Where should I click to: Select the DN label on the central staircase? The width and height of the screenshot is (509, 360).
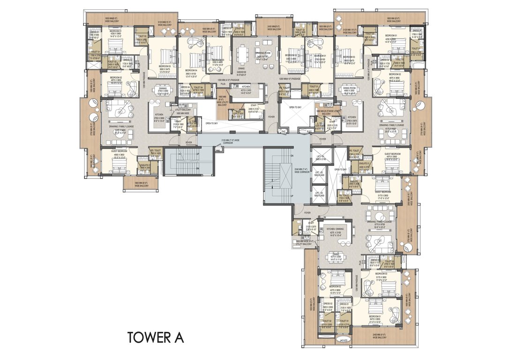(292, 156)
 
